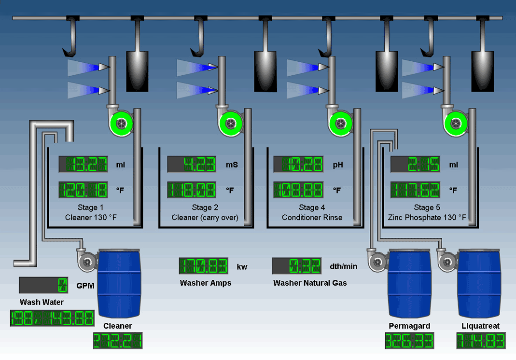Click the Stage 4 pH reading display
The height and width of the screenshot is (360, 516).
click(x=298, y=164)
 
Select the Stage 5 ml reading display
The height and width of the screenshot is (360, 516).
click(x=415, y=164)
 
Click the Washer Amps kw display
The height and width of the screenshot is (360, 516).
click(x=203, y=266)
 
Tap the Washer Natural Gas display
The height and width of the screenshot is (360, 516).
click(x=297, y=266)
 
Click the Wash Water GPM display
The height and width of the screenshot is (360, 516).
click(x=43, y=285)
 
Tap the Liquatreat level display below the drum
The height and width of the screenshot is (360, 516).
click(x=481, y=341)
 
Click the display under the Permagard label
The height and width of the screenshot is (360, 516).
click(x=409, y=341)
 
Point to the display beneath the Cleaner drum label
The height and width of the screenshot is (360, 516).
click(x=118, y=341)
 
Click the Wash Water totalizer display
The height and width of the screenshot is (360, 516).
click(x=52, y=318)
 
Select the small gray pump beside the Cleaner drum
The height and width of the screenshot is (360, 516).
click(x=87, y=261)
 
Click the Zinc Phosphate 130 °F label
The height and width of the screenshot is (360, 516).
click(x=427, y=218)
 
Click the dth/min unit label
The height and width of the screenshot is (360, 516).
click(x=344, y=266)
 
